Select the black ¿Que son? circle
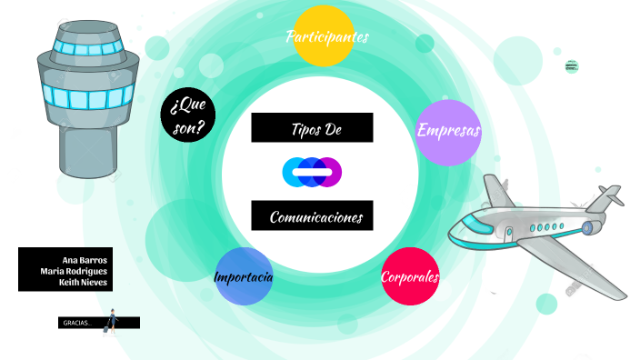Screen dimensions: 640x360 (x=188, y=116)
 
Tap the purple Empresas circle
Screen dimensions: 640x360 (x=448, y=132)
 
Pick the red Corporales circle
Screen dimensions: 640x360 (x=410, y=276)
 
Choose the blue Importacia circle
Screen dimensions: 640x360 (x=244, y=276)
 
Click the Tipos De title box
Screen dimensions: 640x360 (x=312, y=128)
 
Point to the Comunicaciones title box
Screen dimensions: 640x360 (x=312, y=216)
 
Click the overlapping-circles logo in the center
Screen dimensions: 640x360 (x=312, y=172)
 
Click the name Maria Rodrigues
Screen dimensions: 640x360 (x=74, y=270)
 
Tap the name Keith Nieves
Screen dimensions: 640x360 (x=83, y=282)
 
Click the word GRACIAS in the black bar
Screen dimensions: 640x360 (x=77, y=323)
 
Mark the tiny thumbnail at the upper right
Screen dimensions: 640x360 (x=571, y=65)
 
